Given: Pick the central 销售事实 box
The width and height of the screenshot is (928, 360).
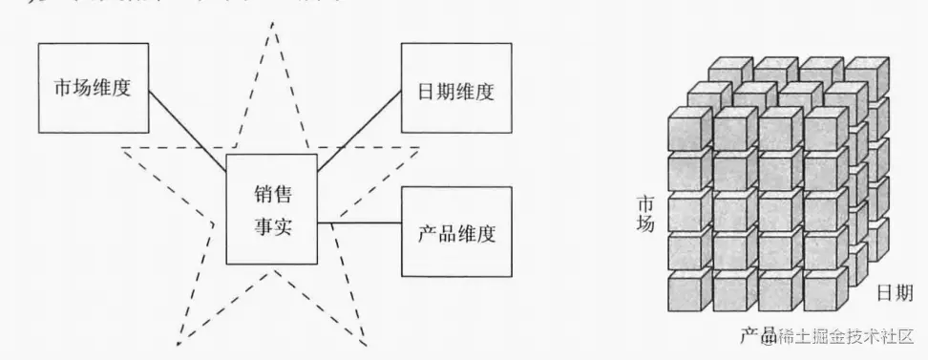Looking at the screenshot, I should click(x=271, y=209).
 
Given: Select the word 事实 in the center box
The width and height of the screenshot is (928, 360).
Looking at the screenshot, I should click(x=271, y=226).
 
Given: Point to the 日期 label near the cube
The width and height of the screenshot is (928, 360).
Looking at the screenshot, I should click(x=896, y=292).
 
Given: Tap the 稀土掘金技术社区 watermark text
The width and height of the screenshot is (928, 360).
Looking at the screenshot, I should click(x=845, y=335).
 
